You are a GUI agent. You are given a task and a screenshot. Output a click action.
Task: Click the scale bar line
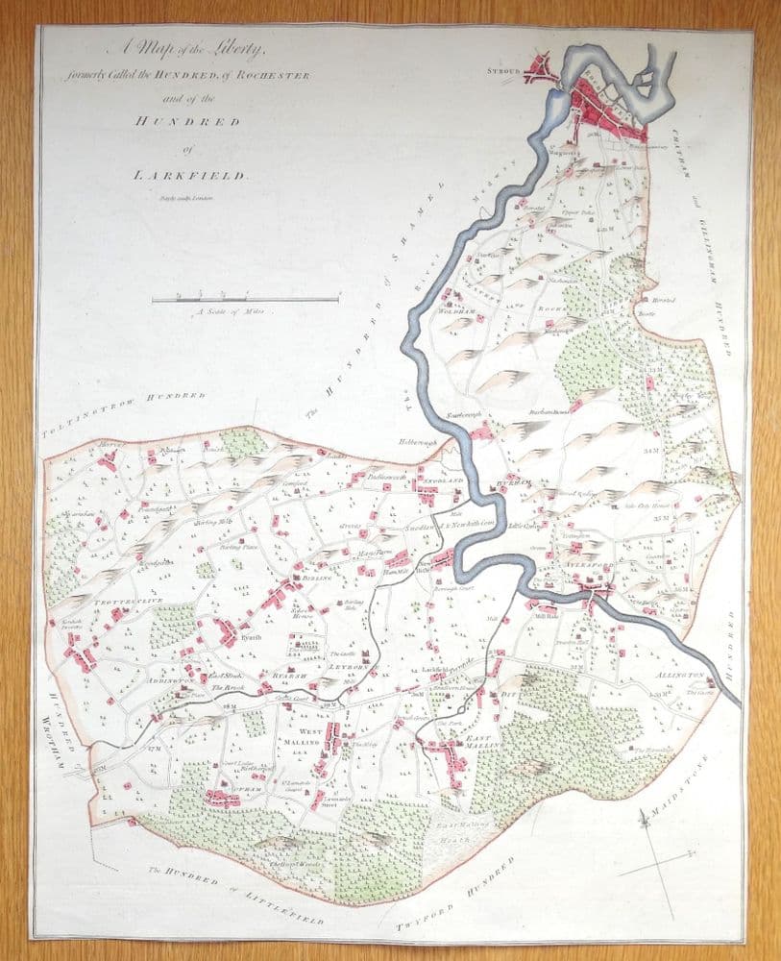tap(246, 300)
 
